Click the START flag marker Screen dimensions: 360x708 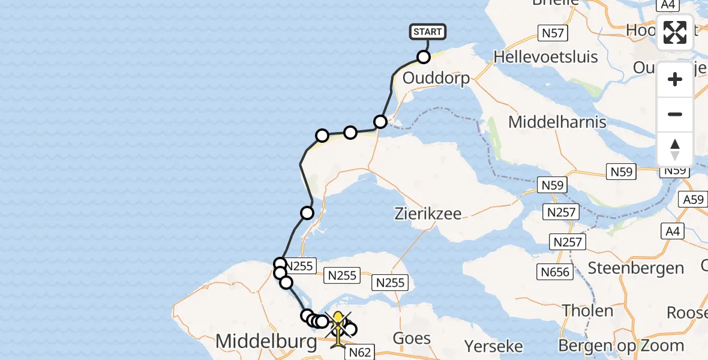pyautogui.click(x=428, y=32)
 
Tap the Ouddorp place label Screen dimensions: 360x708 pyautogui.click(x=436, y=78)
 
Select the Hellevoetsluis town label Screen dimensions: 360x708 pyautogui.click(x=545, y=57)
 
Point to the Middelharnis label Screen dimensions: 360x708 pyautogui.click(x=557, y=122)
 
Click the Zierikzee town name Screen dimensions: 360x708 pyautogui.click(x=428, y=213)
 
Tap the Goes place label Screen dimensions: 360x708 pyautogui.click(x=412, y=338)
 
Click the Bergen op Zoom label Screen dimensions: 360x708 pyautogui.click(x=621, y=346)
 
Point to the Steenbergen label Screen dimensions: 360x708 pyautogui.click(x=635, y=268)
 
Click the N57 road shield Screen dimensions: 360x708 pyautogui.click(x=552, y=33)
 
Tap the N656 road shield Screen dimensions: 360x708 pyautogui.click(x=554, y=272)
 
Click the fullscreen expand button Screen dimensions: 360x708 pyautogui.click(x=675, y=32)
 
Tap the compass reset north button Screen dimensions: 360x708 pyautogui.click(x=675, y=149)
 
